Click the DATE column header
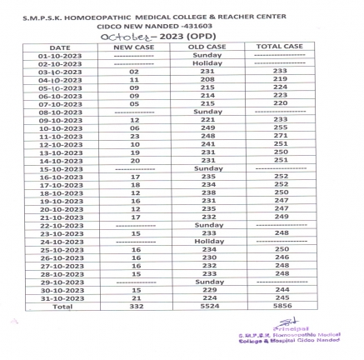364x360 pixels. point(60,47)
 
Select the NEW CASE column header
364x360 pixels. point(133,47)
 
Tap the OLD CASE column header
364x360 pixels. point(207,47)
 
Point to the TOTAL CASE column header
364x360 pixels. point(280,47)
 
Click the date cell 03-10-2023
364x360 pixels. point(60,72)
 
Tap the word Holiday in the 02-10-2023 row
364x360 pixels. point(207,63)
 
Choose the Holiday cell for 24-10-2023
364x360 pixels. point(207,241)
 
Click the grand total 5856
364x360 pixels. point(281,305)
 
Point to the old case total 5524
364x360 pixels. point(207,305)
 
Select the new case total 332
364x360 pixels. point(133,305)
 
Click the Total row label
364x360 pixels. point(60,305)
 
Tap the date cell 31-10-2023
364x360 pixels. point(60,297)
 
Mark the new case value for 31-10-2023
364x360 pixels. point(133,297)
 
